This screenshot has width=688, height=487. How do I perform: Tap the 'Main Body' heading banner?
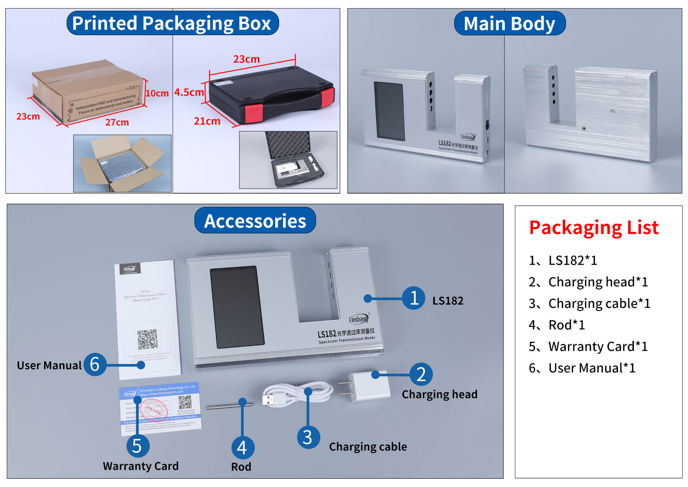(x=509, y=23)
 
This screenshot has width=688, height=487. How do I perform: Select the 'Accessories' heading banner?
(x=255, y=221)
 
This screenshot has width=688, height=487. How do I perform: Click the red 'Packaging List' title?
(x=594, y=227)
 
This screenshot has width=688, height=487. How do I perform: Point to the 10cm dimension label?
(x=157, y=93)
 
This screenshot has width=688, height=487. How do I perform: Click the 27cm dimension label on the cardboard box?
(x=117, y=122)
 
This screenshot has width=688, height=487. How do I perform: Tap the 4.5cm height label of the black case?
(x=188, y=92)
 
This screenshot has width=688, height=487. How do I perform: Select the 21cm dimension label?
(x=207, y=121)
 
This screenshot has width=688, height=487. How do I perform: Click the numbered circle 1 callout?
(x=414, y=298)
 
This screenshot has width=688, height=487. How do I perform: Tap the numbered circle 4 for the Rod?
(x=243, y=447)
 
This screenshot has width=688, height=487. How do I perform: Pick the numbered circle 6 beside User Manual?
(x=95, y=364)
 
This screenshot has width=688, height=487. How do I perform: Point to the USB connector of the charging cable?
(x=268, y=399)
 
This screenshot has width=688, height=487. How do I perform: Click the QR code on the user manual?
(x=147, y=339)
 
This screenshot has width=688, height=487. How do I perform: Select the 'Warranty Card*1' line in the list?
(x=588, y=346)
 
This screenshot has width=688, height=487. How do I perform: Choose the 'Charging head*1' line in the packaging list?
(x=588, y=282)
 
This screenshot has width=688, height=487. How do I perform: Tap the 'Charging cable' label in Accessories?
(x=368, y=446)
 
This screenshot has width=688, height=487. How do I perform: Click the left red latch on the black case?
(x=254, y=113)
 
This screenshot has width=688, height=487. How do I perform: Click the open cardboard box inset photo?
(x=122, y=164)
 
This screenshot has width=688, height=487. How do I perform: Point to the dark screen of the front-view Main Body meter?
(x=389, y=111)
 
